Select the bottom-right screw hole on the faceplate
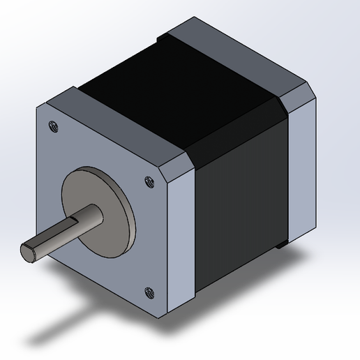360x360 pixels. coord(148,292)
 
